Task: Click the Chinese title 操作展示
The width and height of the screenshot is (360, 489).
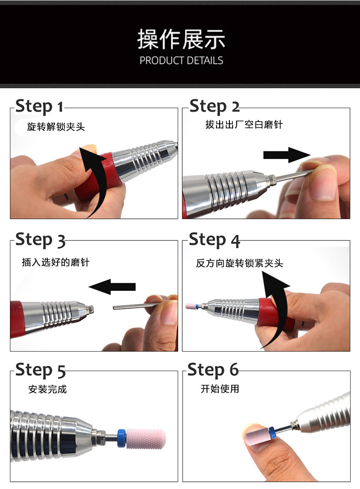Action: pos(181,39)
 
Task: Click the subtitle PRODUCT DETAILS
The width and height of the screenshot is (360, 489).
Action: pos(181,60)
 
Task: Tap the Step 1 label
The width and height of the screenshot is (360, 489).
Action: pos(39,106)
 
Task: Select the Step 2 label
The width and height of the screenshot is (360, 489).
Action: pos(215,106)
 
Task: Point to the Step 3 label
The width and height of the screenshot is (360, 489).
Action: pos(40,240)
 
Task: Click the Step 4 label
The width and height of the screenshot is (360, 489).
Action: pos(215,240)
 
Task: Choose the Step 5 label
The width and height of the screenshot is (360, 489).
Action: pos(40,370)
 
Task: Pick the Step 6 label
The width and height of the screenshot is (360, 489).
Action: pos(213,370)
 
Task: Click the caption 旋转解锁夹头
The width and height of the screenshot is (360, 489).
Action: pos(56,127)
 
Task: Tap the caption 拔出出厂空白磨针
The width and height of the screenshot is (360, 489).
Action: pos(244,124)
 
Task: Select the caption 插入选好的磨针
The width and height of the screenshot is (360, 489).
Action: pos(55,262)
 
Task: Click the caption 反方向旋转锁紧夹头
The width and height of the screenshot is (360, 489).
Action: pos(239,263)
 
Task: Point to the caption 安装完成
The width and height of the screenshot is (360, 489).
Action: pos(47,389)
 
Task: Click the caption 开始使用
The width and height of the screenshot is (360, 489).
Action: pos(220,389)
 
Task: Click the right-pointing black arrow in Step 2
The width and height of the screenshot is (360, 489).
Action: pos(287,155)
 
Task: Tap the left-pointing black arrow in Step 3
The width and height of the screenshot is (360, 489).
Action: pos(112,287)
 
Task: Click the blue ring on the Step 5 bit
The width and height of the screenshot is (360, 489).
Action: pos(121,438)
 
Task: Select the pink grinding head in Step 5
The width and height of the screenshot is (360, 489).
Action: pos(145,439)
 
